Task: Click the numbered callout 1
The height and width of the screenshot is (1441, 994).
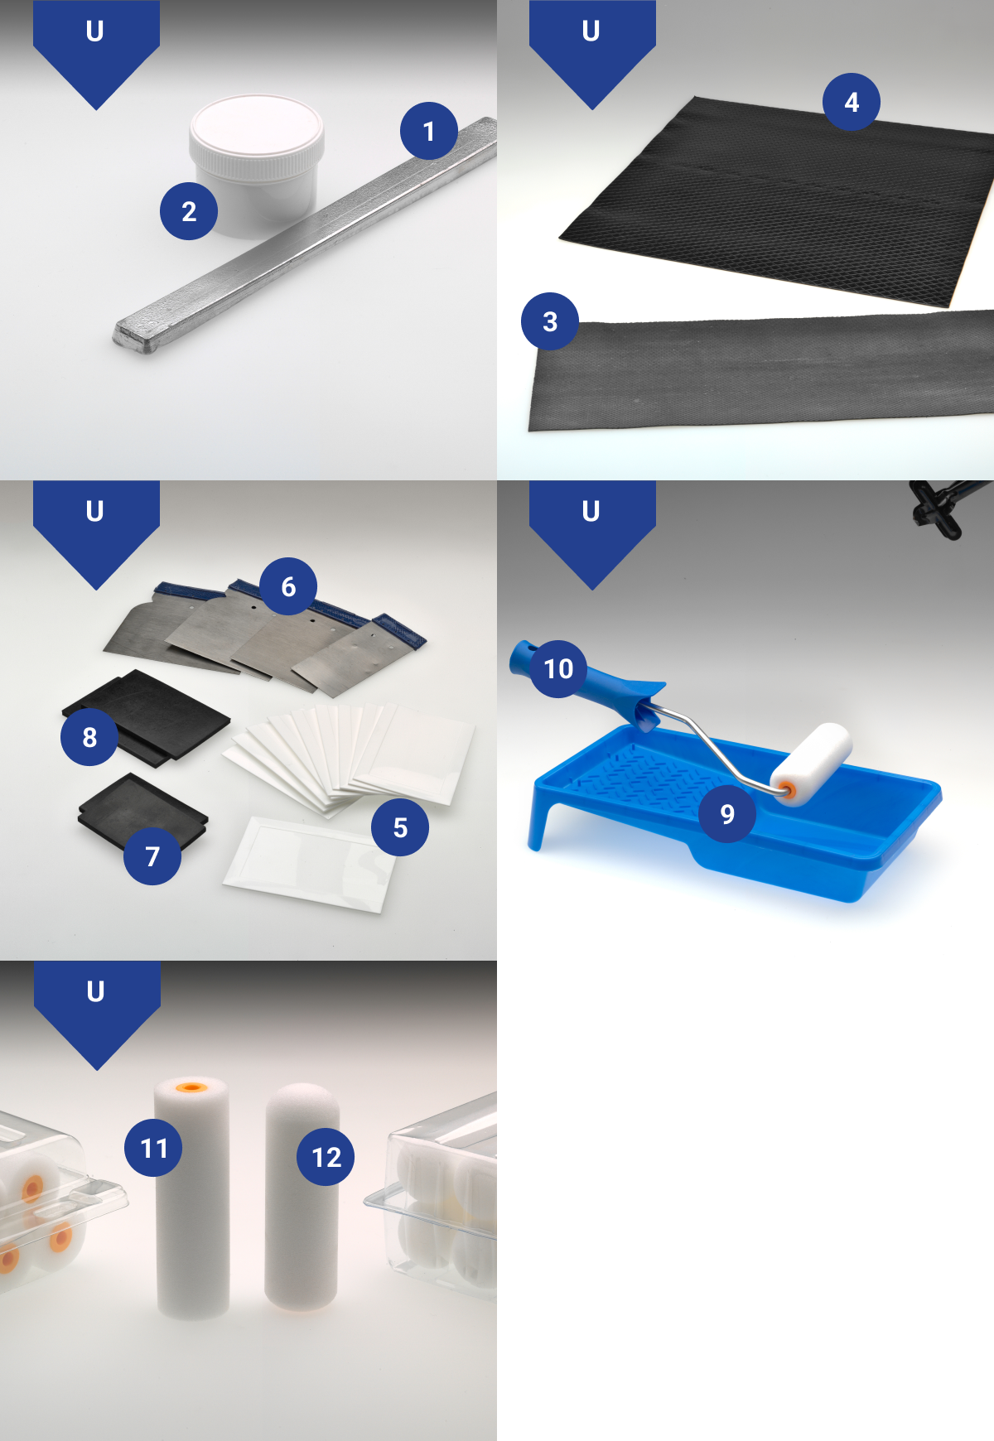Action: tap(429, 131)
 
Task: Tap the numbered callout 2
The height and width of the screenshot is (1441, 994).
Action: tap(189, 211)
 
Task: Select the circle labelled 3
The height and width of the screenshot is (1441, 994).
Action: tap(550, 321)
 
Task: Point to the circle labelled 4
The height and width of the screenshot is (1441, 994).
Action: tap(852, 102)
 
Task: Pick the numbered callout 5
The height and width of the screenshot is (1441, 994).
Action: tap(400, 827)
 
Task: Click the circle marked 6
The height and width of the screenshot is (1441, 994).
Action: tap(288, 586)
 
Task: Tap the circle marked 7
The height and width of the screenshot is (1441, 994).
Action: tap(152, 856)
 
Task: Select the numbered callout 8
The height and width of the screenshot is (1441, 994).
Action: tap(89, 737)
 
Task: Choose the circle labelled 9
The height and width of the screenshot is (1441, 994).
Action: tap(727, 814)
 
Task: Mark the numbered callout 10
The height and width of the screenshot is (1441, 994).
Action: tap(558, 668)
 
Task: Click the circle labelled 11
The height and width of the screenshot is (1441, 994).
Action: tap(153, 1148)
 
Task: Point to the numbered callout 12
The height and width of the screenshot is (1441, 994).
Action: tap(326, 1157)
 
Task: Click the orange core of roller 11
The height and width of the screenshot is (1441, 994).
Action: tap(192, 1087)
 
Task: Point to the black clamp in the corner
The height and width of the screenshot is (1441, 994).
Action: tap(940, 507)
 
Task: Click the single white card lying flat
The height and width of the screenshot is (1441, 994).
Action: tap(311, 864)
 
